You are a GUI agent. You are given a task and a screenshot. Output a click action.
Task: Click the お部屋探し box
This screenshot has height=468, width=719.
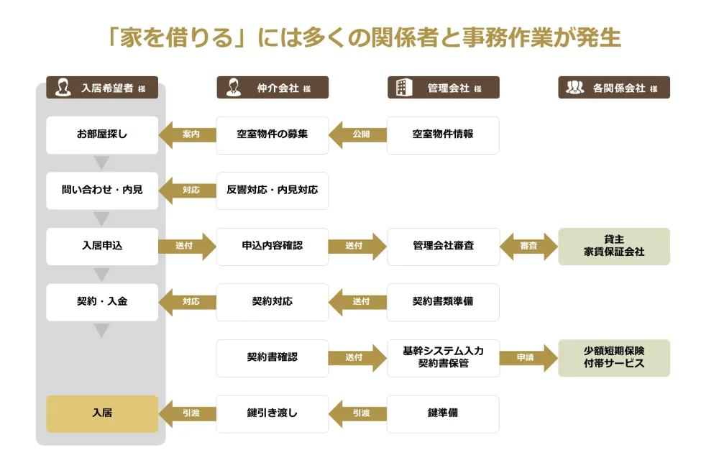point(102,134)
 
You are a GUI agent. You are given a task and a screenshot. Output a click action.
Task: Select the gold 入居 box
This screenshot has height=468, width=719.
point(102,413)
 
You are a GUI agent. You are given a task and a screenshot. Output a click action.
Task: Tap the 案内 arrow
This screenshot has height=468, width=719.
point(187,134)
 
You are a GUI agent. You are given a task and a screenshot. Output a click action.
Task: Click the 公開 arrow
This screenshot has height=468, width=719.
point(357,134)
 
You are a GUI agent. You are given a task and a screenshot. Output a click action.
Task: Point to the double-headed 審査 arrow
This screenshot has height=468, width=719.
point(528,246)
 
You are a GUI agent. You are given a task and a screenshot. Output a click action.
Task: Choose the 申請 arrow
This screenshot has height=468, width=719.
point(528,357)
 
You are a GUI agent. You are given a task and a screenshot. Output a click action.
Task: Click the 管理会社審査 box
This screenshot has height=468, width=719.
point(443,246)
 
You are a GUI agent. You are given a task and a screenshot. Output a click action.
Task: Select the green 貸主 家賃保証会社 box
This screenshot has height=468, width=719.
point(614,246)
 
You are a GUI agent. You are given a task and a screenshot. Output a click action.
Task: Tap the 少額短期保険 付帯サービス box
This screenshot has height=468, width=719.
point(614,357)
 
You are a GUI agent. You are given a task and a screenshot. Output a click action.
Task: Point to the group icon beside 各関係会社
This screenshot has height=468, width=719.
point(574,88)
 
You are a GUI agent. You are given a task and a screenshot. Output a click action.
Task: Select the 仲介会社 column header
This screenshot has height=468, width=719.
point(273,88)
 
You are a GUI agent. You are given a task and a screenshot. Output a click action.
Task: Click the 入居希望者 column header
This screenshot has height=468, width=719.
point(102,88)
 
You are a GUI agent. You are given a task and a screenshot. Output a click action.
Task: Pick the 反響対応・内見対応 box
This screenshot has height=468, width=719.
point(273,191)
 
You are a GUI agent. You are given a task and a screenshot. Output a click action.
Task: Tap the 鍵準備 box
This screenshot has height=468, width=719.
point(443,413)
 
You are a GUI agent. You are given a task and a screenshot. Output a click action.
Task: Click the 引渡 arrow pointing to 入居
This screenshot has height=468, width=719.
point(187,413)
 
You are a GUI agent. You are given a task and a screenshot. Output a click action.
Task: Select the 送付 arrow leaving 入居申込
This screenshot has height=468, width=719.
point(187,246)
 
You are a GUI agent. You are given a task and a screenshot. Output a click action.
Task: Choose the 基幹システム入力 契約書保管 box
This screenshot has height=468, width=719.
point(443,357)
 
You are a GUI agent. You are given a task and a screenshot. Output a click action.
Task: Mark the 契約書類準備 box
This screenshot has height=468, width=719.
point(443,302)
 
